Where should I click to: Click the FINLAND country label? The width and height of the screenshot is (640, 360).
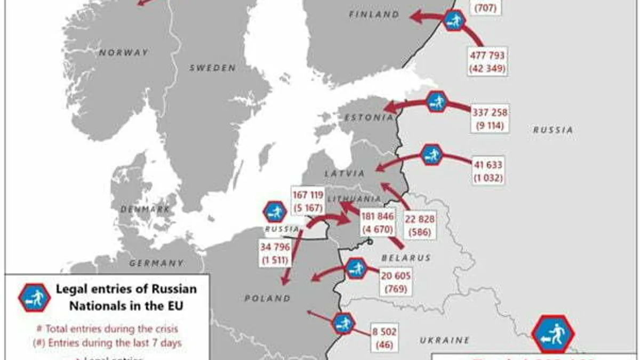374,15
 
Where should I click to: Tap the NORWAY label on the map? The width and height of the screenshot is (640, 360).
123,53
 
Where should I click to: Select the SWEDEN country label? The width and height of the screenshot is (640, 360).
212,68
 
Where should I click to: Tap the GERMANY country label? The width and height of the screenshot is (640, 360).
156,263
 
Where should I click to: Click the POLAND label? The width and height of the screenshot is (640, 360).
268,299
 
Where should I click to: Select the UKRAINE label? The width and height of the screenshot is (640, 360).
444,340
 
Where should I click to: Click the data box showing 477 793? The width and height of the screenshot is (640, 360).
487,61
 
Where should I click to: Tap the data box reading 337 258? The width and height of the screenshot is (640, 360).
490,118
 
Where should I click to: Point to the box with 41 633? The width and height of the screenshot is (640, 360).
487,171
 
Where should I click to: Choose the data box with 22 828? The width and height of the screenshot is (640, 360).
420,225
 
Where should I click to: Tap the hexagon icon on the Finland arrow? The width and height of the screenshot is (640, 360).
454,20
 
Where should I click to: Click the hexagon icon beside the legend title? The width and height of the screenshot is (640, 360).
34,298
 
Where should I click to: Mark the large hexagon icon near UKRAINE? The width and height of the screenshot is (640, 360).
553,334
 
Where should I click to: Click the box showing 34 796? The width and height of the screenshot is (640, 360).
275,253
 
